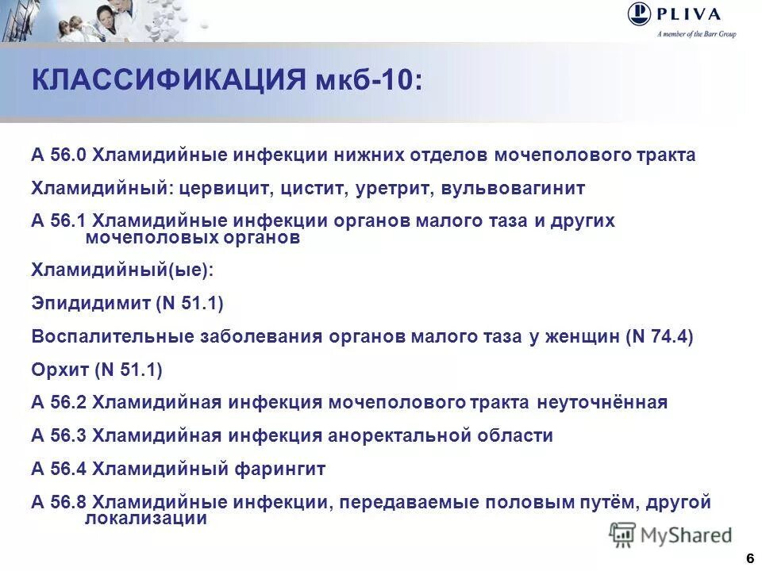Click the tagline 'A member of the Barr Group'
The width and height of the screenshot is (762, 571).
696,34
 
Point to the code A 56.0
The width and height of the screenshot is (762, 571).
60,155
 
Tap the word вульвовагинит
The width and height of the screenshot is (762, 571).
508,189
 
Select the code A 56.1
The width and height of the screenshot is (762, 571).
60,221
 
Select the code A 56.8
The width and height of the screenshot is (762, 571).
60,503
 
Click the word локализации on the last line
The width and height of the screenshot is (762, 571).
146,519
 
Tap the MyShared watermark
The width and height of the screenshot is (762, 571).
671,535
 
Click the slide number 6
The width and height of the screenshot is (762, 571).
749,558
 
